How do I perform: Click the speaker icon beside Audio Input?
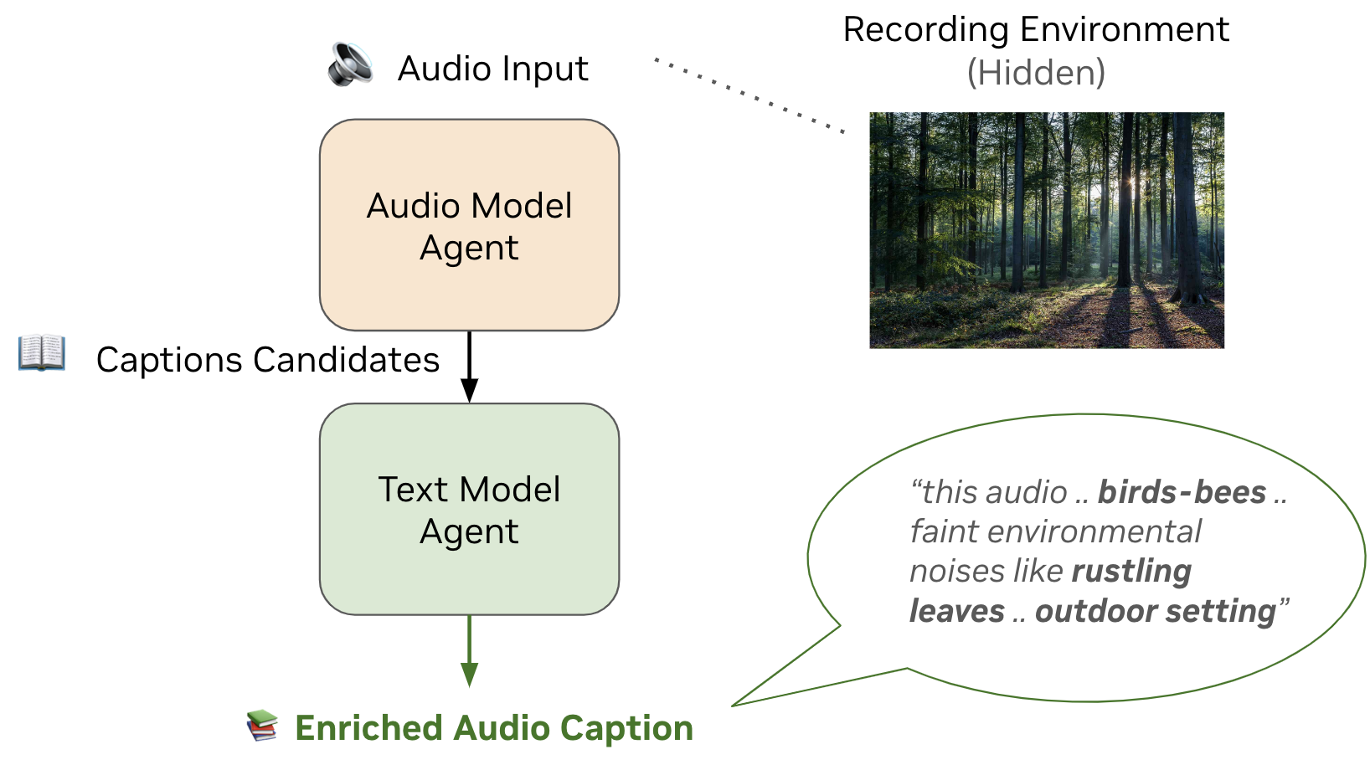coord(350,64)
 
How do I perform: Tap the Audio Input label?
coord(492,69)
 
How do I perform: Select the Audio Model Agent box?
coord(469,225)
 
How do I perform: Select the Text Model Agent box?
coord(469,509)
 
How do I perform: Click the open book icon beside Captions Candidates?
coord(42,352)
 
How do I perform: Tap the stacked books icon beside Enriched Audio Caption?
coord(262,726)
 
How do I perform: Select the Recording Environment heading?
coord(1036,30)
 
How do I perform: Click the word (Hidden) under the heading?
coord(1036,73)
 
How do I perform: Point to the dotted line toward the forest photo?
coord(749,95)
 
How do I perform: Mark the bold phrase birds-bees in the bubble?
coord(1182,492)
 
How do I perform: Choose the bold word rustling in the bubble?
coord(1131,572)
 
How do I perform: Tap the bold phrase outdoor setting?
coord(1156,611)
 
